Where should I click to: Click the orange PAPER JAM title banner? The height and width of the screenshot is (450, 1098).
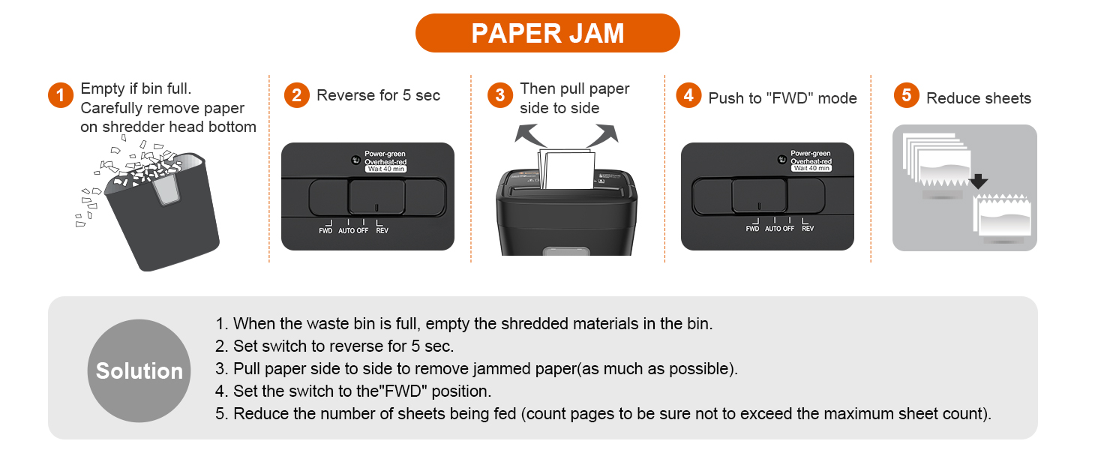(x=547, y=33)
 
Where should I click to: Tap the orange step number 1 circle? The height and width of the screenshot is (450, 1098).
(x=60, y=95)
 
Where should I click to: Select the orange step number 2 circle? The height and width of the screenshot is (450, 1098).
(x=296, y=95)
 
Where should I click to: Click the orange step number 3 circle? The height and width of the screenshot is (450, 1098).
(x=500, y=95)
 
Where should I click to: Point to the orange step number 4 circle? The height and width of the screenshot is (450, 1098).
(x=688, y=97)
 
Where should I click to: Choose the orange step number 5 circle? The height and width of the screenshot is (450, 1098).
(x=907, y=95)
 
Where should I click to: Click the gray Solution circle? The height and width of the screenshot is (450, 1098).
(x=139, y=370)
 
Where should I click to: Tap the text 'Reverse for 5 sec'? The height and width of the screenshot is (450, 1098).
(x=378, y=95)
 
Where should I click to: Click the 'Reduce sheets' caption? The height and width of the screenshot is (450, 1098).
(x=978, y=98)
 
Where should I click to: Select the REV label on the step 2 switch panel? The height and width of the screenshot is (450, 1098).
(x=382, y=230)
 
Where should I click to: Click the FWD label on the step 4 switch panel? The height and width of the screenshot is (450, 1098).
(x=752, y=229)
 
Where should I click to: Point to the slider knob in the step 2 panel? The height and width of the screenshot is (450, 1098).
(x=376, y=197)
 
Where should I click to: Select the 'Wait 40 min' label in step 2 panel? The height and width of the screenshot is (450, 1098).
(x=385, y=169)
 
